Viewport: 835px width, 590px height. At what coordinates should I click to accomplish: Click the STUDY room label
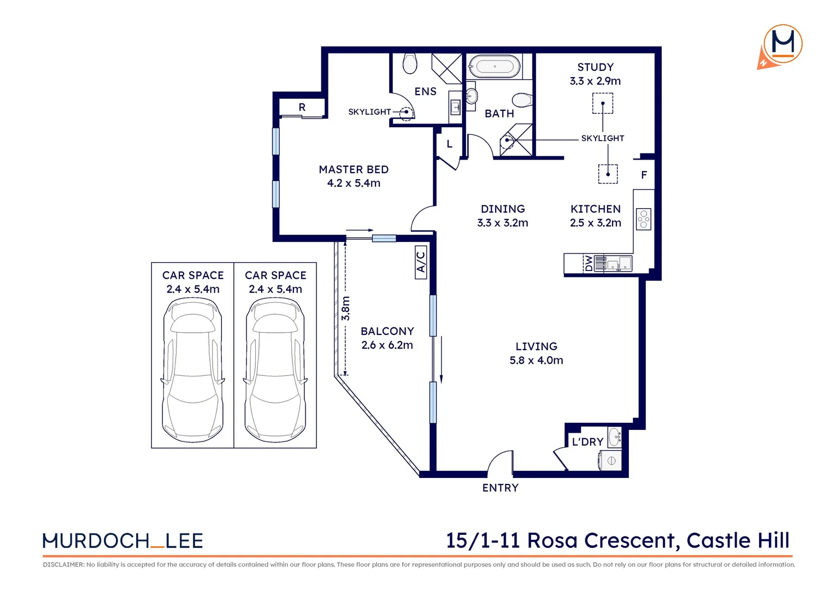[x=595, y=67]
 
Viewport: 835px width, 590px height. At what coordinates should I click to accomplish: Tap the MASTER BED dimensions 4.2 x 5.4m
[x=354, y=184]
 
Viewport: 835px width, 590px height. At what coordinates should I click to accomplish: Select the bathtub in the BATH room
[x=495, y=67]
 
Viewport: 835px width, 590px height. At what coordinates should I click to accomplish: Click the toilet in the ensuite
[x=409, y=63]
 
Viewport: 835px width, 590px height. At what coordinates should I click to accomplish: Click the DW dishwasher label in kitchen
[x=589, y=263]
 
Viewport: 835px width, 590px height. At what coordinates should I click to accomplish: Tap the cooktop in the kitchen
[x=644, y=219]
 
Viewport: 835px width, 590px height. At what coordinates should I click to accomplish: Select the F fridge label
[x=644, y=175]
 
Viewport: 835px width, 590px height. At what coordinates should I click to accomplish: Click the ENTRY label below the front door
[x=500, y=488]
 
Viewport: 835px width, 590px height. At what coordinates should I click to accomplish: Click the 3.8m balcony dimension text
[x=345, y=309]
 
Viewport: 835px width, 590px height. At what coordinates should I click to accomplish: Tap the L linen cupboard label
[x=449, y=144]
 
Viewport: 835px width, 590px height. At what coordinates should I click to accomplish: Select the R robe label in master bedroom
[x=302, y=107]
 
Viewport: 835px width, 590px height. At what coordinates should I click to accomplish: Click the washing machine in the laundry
[x=611, y=461]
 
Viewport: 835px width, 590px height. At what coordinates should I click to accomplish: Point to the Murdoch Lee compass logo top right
[x=781, y=45]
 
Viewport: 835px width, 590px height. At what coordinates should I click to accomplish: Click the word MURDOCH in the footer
[x=96, y=541]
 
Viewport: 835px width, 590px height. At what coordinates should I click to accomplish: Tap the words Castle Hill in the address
[x=738, y=540]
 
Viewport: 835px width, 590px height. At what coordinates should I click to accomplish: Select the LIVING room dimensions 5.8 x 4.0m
[x=536, y=361]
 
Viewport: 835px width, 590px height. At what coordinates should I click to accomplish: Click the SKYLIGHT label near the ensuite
[x=369, y=112]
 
